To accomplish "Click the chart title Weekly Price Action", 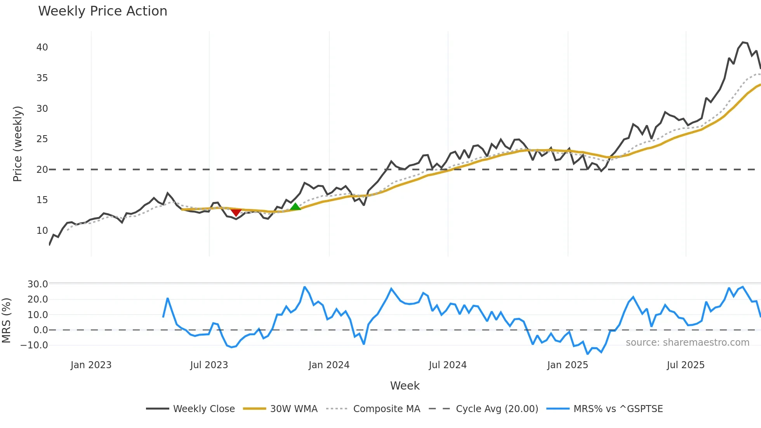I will pyautogui.click(x=103, y=11).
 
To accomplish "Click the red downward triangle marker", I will pyautogui.click(x=236, y=212).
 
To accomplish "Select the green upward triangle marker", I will pyautogui.click(x=295, y=207).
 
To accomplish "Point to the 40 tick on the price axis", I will pyautogui.click(x=42, y=47).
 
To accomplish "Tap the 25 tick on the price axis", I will pyautogui.click(x=42, y=139).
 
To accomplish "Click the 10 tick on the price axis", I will pyautogui.click(x=42, y=231).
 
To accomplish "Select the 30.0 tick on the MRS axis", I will pyautogui.click(x=38, y=284).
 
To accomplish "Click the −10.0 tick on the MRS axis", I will pyautogui.click(x=34, y=345).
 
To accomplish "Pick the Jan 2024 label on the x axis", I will pyautogui.click(x=329, y=365).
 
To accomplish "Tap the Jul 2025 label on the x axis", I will pyautogui.click(x=685, y=365).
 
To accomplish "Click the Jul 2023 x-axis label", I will pyautogui.click(x=209, y=365).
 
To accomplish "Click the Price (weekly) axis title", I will pyautogui.click(x=18, y=144).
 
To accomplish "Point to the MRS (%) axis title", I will pyautogui.click(x=7, y=320).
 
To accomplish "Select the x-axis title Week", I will pyautogui.click(x=405, y=386).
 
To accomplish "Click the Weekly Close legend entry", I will pyautogui.click(x=204, y=409).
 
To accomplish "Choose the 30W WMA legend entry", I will pyautogui.click(x=294, y=409).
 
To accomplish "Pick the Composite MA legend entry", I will pyautogui.click(x=386, y=409).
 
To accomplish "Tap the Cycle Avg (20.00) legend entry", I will pyautogui.click(x=497, y=409).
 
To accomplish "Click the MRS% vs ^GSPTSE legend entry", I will pyautogui.click(x=618, y=409).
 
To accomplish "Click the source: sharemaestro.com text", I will pyautogui.click(x=687, y=343).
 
